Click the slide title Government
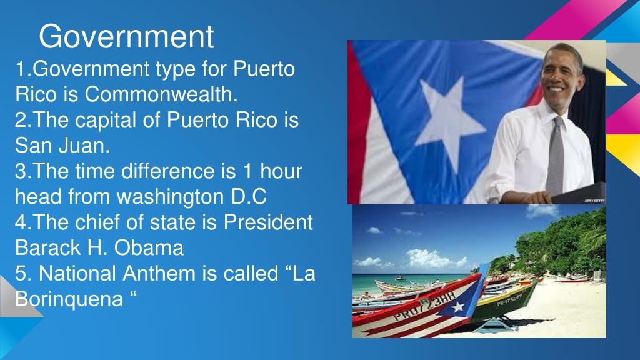[126, 37]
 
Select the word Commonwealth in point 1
[161, 94]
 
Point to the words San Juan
[62, 145]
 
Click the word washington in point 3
[171, 197]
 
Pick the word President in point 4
[268, 222]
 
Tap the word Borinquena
[69, 299]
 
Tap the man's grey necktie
[556, 155]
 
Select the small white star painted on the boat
[458, 307]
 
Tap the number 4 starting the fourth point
[21, 223]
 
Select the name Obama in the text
[149, 247]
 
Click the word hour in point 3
[281, 171]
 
